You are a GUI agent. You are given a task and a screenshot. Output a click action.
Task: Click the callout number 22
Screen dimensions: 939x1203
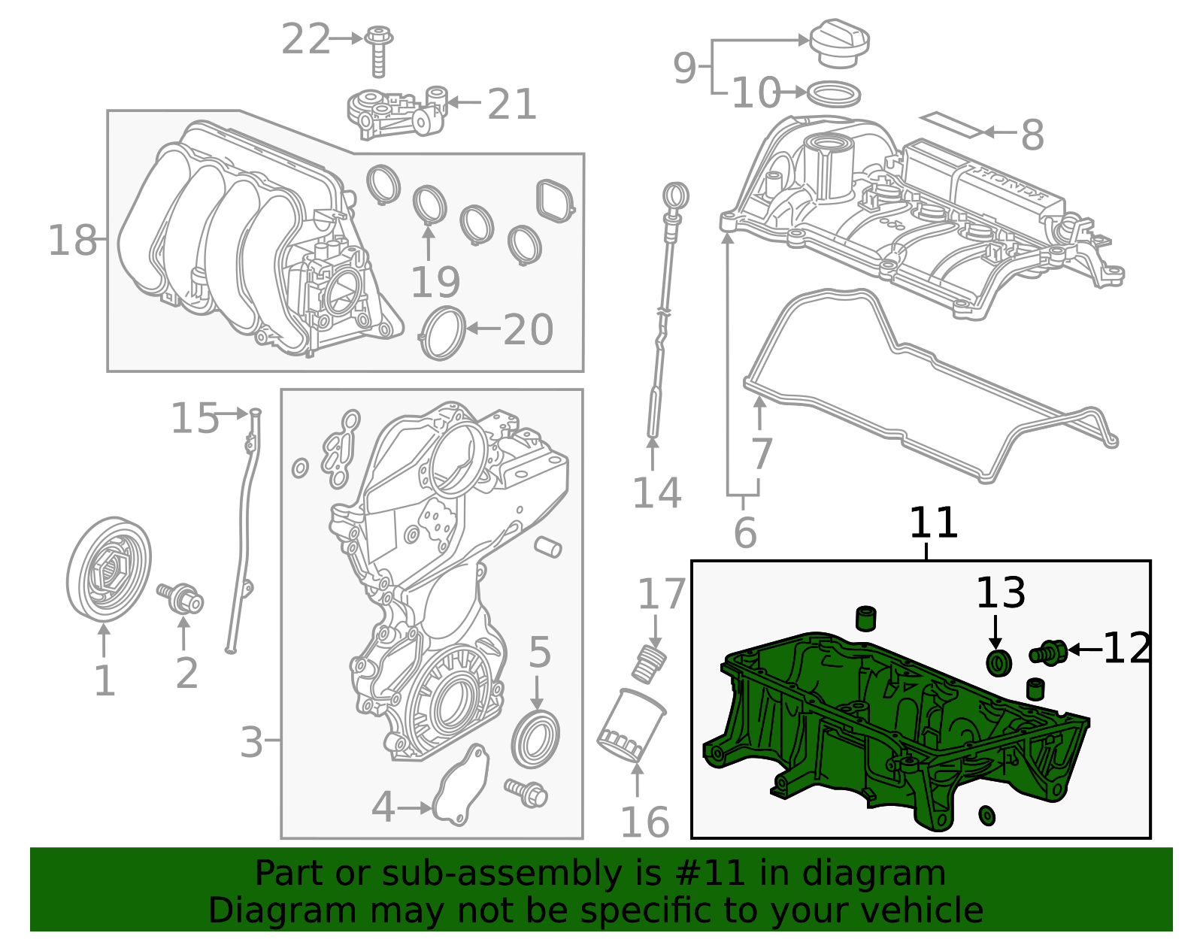coord(305,40)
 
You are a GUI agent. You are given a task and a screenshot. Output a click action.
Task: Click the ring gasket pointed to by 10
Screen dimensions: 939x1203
coord(833,94)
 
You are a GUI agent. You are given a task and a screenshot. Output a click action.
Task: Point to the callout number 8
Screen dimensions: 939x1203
coord(1032,135)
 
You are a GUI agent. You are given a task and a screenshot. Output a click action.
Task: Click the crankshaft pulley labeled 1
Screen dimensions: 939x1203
coord(108,569)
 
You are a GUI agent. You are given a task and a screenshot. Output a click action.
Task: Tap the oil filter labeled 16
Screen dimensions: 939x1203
coord(631,725)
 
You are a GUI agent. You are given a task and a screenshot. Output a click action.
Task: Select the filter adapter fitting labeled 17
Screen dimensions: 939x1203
coord(651,662)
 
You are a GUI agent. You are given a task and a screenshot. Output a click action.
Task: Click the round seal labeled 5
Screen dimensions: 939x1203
coord(535,739)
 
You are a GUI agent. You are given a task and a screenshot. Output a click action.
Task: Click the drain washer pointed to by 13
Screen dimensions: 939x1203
coord(998,664)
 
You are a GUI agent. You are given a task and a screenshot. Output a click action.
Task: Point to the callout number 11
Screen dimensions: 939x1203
coord(933,523)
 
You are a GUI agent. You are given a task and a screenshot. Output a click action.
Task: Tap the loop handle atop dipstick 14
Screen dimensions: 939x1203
coord(676,195)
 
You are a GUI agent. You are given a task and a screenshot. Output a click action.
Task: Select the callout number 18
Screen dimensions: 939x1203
coord(72,241)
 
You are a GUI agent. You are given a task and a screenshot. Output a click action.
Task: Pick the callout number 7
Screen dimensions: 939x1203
coord(762,453)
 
